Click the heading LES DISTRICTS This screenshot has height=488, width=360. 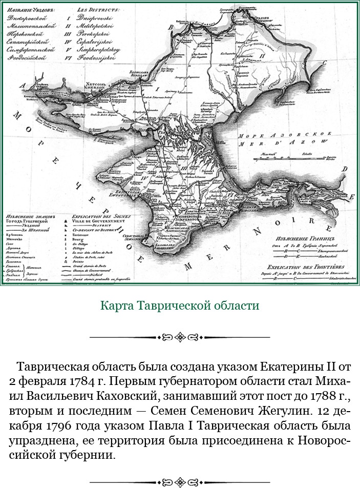98,9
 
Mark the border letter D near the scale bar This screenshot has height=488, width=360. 346,168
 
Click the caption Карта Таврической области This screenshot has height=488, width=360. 180,306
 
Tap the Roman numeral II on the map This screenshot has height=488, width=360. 262,54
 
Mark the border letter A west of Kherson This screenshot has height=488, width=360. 22,86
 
